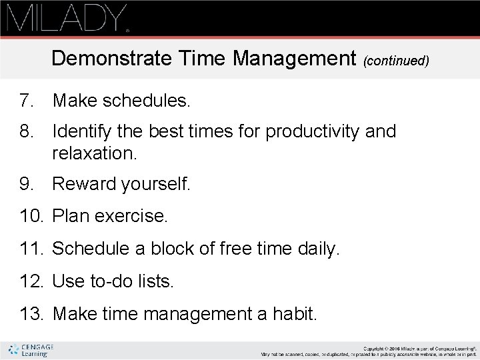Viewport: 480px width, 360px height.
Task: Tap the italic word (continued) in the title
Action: (396, 61)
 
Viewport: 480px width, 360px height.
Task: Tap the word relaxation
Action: (94, 154)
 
